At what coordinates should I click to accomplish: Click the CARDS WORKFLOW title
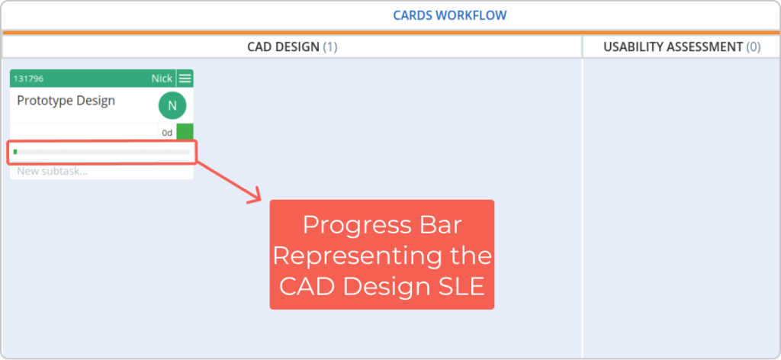click(450, 15)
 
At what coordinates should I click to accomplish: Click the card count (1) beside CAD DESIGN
click(330, 47)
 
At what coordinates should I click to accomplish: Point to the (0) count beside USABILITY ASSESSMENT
click(754, 47)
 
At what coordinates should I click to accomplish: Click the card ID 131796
click(28, 79)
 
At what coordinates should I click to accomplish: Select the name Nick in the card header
click(162, 79)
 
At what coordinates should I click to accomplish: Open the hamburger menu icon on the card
click(185, 79)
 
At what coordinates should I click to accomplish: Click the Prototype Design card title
click(66, 101)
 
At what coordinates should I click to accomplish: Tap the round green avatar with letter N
click(172, 105)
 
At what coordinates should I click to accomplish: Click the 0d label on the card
click(167, 133)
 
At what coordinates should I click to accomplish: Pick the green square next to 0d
click(185, 132)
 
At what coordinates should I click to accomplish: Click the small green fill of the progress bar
click(15, 151)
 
